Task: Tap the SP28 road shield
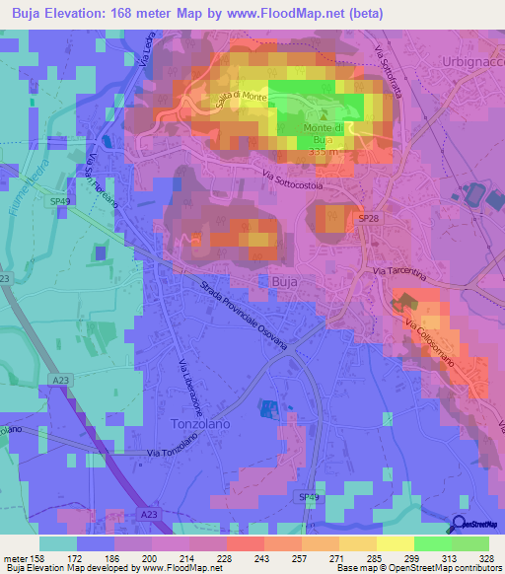point(368,217)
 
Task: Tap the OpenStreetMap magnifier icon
point(459,525)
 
